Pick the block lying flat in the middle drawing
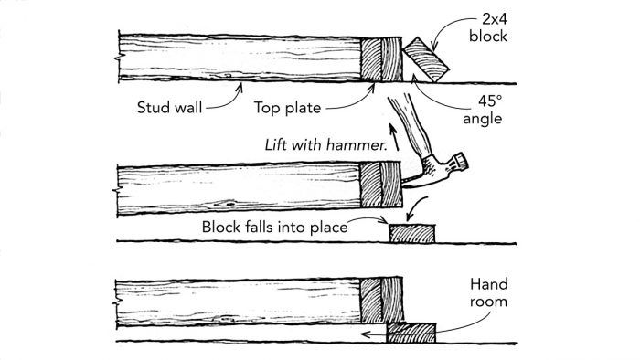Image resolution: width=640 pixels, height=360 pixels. (x=414, y=233)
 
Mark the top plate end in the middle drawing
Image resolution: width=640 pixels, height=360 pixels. (x=380, y=187)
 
